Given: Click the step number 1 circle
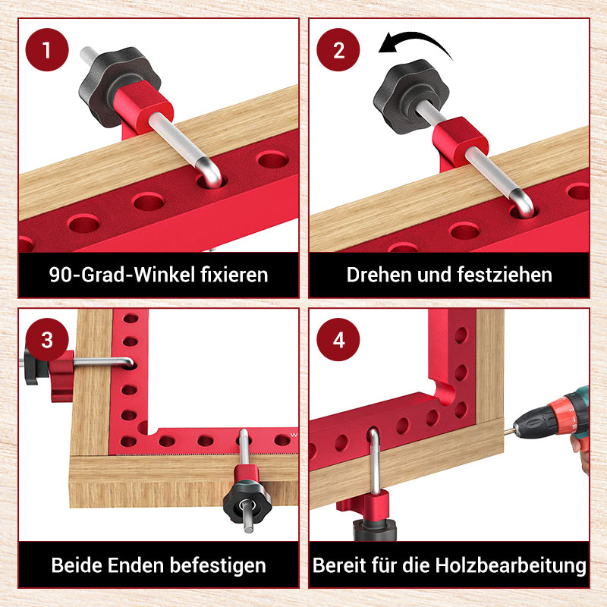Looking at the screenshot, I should point(47,51).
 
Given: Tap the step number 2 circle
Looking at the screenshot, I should point(339,51).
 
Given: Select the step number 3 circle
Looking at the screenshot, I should point(47,339).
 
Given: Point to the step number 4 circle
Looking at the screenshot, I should point(339,339).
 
